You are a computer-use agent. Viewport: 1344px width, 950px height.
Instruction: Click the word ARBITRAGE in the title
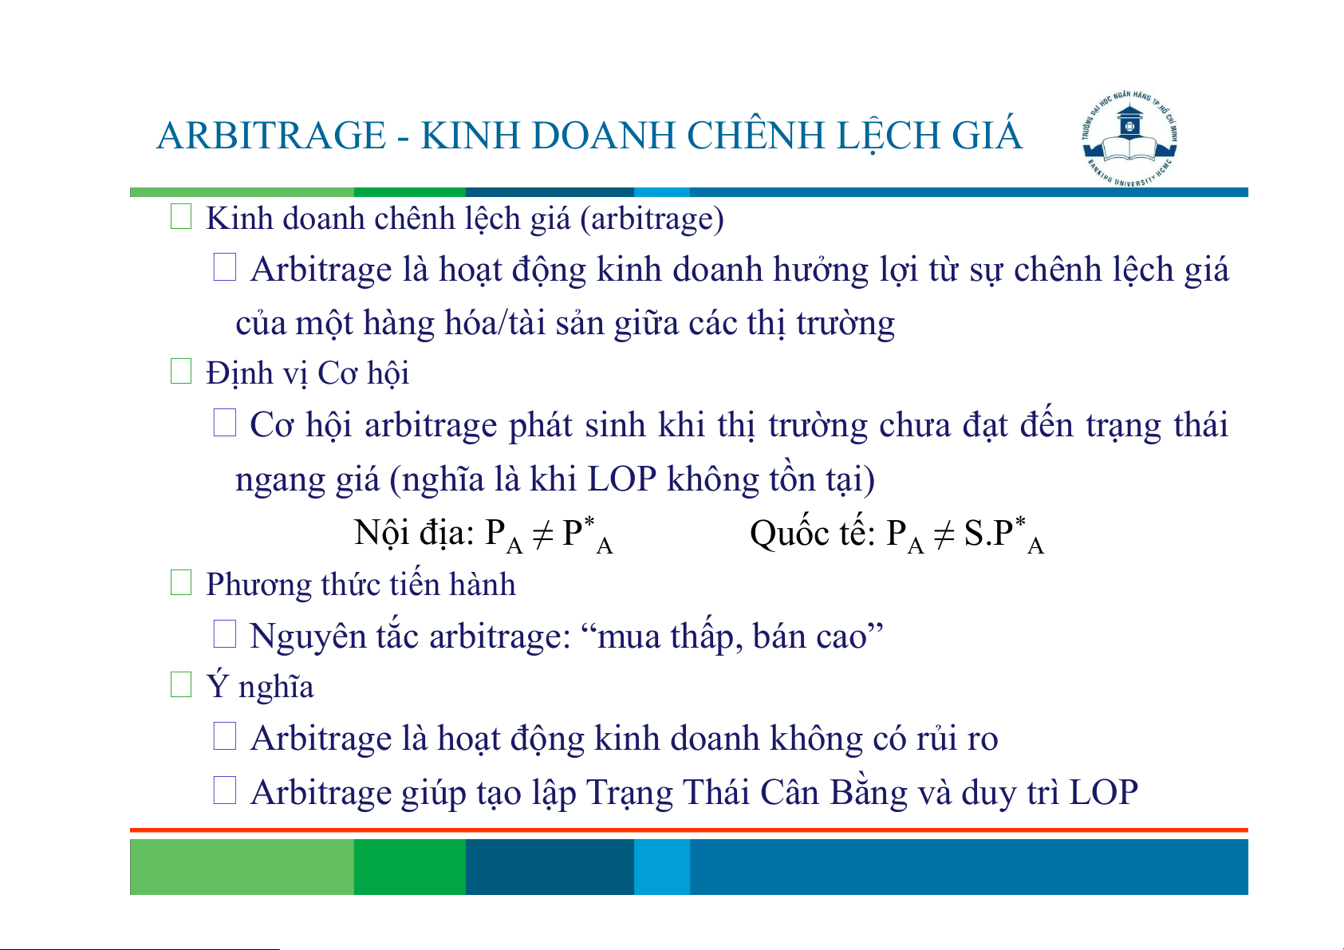270,135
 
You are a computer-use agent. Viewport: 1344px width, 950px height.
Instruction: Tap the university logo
1129,139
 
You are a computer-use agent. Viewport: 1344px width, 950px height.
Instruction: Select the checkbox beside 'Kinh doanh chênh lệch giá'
180,216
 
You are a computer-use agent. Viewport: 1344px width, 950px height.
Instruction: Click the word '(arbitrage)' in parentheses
652,219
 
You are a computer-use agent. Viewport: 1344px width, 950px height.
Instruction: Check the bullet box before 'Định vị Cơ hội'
180,371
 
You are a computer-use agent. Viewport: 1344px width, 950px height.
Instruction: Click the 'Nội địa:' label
414,532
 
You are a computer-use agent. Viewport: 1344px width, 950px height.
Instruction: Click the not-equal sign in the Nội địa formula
542,534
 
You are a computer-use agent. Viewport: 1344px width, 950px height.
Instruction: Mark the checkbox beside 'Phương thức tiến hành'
180,582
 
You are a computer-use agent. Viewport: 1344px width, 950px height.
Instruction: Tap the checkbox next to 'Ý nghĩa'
180,684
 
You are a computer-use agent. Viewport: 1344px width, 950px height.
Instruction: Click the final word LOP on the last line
1104,792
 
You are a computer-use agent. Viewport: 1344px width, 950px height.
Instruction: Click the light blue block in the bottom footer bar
662,866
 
